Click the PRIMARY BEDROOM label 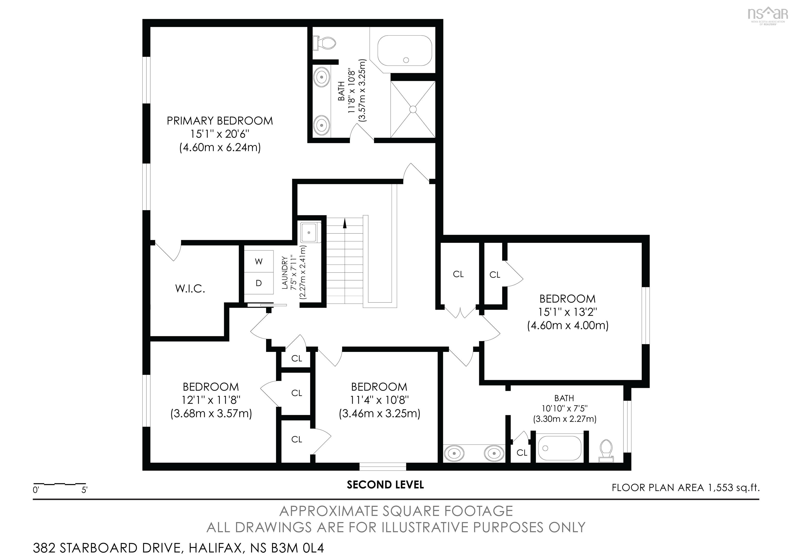click(220, 121)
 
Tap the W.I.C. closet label click(190, 289)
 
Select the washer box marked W click(259, 261)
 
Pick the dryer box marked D click(259, 283)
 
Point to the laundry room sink click(310, 233)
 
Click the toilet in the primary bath click(325, 43)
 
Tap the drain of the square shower click(413, 109)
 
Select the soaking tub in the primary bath click(405, 51)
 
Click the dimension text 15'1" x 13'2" click(567, 312)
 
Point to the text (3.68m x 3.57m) click(211, 413)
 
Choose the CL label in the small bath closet click(522, 453)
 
